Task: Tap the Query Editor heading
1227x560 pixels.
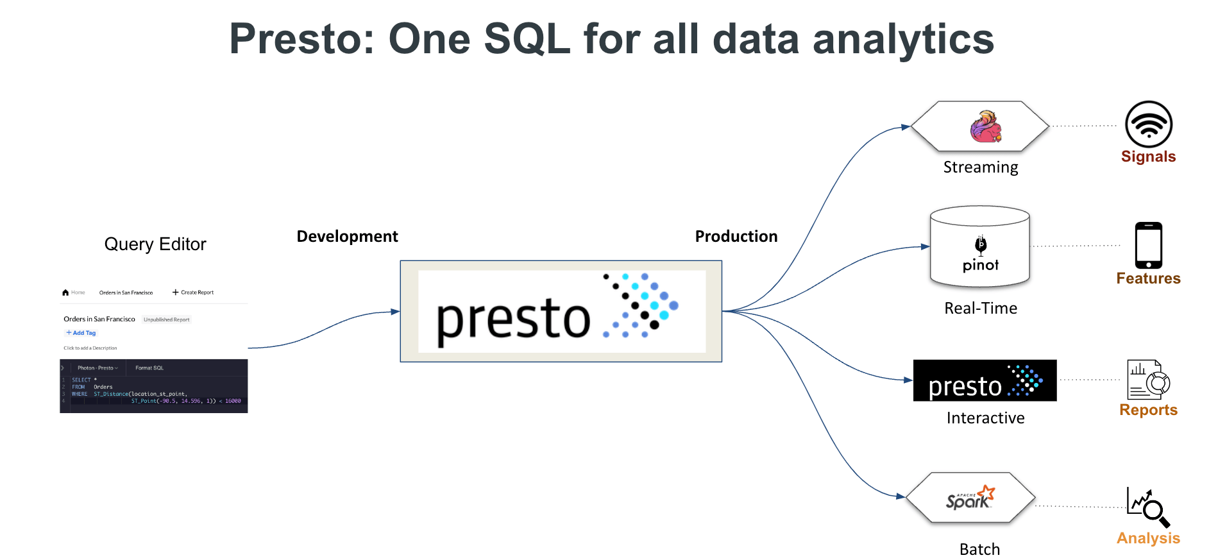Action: (x=155, y=244)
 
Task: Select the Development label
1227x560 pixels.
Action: (x=347, y=237)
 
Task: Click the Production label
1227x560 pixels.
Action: (x=736, y=237)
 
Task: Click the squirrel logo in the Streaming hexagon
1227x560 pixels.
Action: (x=985, y=126)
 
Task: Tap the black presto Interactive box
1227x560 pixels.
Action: (x=984, y=380)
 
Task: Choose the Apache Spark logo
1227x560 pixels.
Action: (x=970, y=498)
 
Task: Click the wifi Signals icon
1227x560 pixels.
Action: (x=1148, y=124)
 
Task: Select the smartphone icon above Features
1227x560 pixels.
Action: (x=1148, y=246)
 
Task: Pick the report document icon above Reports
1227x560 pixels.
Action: (x=1147, y=380)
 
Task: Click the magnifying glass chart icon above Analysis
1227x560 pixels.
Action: (x=1148, y=507)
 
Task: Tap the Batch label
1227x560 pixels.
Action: (x=979, y=550)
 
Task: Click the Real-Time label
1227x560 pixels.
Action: (x=980, y=309)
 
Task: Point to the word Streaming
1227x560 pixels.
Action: (x=980, y=167)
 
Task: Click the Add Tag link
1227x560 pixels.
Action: (x=81, y=333)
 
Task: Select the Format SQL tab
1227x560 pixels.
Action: (x=149, y=368)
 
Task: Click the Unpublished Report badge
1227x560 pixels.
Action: (x=166, y=319)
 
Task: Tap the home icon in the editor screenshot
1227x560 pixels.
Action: (x=65, y=293)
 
